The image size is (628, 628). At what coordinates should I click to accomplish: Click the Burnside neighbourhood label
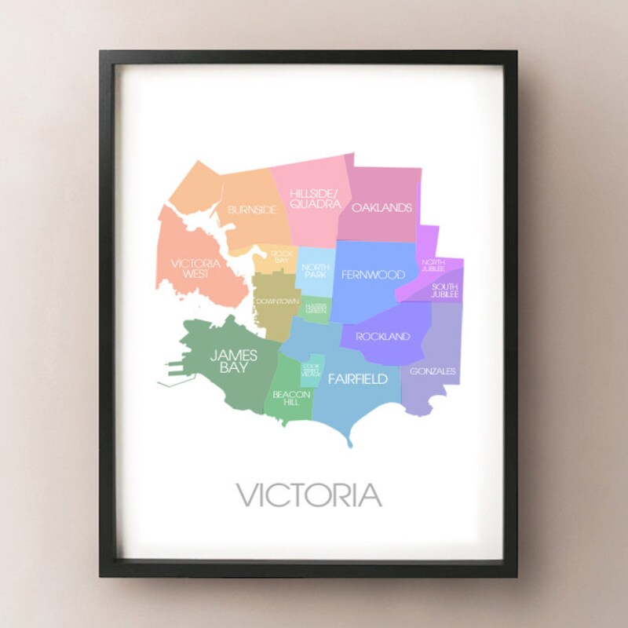click(x=252, y=210)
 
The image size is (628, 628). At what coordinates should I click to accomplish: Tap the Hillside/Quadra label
click(x=315, y=198)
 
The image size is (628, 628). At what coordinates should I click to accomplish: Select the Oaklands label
click(x=382, y=208)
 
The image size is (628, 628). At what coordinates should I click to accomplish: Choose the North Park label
click(x=316, y=269)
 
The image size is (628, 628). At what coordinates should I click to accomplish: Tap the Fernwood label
click(x=373, y=275)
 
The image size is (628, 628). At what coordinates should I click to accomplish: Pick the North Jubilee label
click(x=433, y=265)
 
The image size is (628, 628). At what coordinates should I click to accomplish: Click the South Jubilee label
click(x=444, y=291)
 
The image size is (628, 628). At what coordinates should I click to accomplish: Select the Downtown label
click(x=277, y=301)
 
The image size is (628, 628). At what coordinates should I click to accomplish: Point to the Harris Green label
click(x=316, y=309)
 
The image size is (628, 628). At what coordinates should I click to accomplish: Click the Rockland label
click(x=383, y=337)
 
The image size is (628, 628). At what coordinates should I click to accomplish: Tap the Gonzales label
click(x=433, y=371)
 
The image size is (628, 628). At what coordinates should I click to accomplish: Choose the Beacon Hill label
click(x=292, y=397)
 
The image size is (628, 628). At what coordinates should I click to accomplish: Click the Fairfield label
click(x=357, y=379)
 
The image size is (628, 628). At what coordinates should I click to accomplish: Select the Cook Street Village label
click(x=311, y=371)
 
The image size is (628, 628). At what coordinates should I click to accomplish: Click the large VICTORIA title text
click(x=309, y=495)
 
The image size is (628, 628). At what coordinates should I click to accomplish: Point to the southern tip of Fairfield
click(x=350, y=445)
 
